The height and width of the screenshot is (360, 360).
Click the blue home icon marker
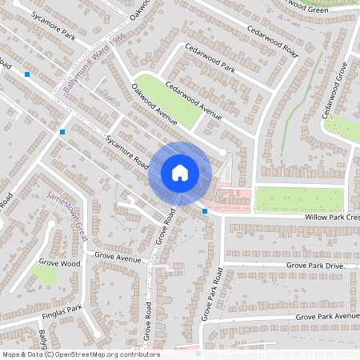tap(180, 172)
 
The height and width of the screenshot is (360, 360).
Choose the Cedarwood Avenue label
tap(193, 98)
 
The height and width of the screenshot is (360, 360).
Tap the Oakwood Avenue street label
tap(154, 104)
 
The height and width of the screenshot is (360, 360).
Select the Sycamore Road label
tap(127, 151)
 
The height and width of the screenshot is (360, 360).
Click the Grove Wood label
tap(60, 262)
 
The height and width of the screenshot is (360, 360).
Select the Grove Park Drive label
tap(314, 265)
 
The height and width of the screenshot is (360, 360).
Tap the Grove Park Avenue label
tap(327, 317)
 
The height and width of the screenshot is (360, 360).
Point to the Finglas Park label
tap(63, 308)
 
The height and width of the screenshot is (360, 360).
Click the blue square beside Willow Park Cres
tap(206, 211)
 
